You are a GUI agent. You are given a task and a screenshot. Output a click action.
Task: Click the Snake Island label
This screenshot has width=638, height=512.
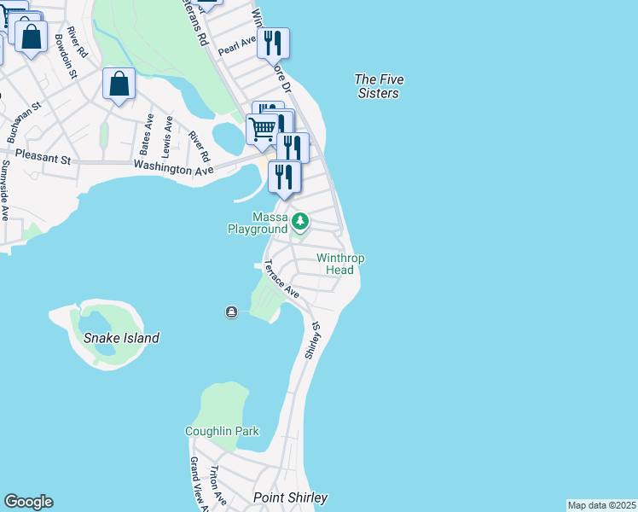click(121, 338)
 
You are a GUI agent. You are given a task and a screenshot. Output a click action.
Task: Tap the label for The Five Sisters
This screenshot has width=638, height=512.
click(379, 86)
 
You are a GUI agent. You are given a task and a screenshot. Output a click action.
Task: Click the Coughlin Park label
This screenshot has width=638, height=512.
click(222, 431)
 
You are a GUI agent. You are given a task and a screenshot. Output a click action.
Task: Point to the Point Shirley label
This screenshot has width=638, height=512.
click(290, 497)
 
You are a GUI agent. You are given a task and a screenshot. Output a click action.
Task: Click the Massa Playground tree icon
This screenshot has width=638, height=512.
click(299, 222)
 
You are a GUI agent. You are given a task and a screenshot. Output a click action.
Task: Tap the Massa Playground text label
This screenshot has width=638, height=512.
click(257, 224)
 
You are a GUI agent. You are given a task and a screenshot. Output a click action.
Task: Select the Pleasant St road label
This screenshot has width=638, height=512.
click(41, 159)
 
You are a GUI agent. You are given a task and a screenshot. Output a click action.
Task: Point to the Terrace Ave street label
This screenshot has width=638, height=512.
click(281, 278)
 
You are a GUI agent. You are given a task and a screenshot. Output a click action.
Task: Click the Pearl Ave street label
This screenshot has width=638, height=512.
click(236, 45)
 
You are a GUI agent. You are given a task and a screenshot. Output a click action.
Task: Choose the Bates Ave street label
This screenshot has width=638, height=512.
click(146, 135)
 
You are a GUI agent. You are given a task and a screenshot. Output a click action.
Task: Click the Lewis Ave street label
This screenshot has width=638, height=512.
click(167, 137)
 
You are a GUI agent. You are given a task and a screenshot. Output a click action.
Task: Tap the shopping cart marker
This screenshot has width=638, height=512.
click(262, 129)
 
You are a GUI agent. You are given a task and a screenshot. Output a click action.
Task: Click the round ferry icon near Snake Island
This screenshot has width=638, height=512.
click(231, 312)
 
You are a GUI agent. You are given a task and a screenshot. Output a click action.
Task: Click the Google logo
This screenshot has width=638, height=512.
click(28, 502)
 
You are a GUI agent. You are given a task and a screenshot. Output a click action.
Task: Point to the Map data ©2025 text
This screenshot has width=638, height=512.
click(601, 505)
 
